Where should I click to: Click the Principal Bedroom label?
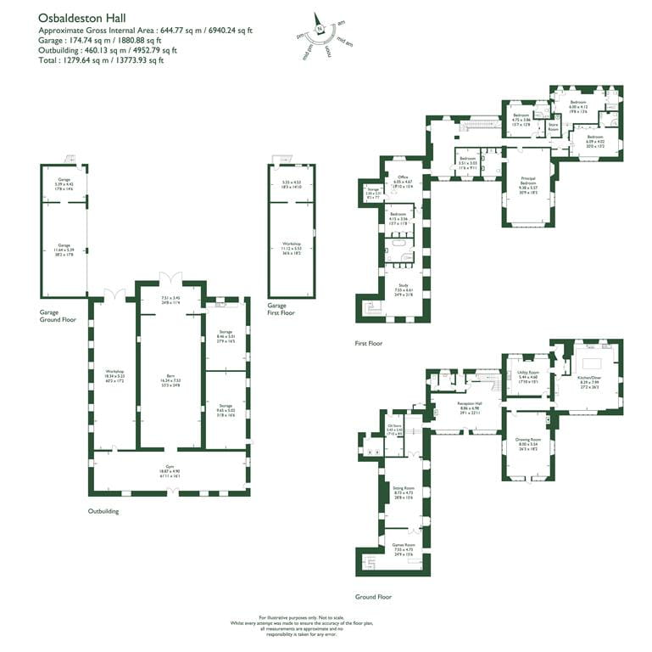tap(527, 180)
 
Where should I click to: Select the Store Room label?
tap(554, 127)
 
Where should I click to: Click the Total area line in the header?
tap(101, 60)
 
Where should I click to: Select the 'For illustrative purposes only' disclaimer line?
tap(326, 617)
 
